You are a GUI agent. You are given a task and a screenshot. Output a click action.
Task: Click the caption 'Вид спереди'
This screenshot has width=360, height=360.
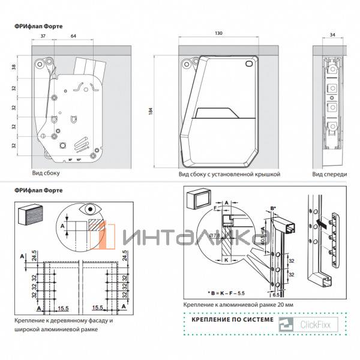click(x=329, y=174)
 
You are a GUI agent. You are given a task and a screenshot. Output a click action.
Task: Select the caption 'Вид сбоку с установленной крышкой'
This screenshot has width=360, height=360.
click(x=229, y=174)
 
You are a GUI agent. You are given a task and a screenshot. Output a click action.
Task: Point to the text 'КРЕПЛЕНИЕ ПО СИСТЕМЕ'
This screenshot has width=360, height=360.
click(x=230, y=320)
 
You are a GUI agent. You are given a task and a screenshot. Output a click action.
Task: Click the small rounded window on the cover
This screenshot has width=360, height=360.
click(x=249, y=64)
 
